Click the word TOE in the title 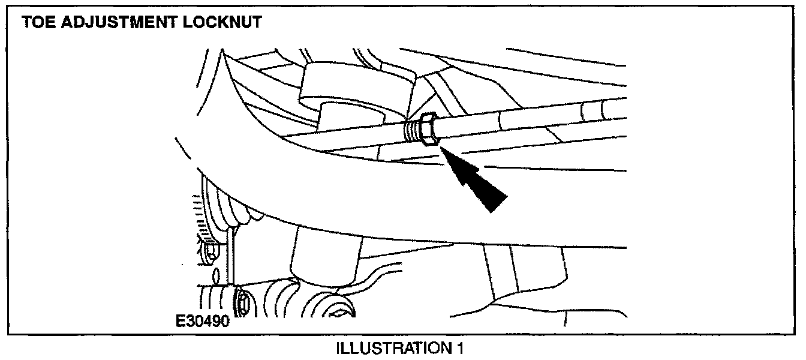point(38,23)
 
